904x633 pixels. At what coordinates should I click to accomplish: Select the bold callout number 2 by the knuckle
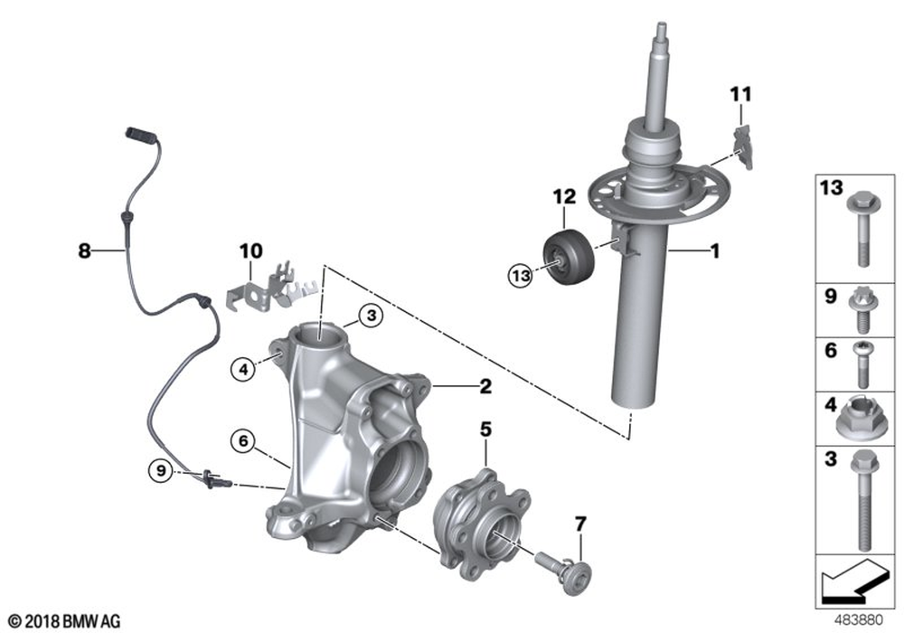485,388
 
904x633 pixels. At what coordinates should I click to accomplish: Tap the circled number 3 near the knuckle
370,316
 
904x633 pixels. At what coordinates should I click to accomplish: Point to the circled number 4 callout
241,368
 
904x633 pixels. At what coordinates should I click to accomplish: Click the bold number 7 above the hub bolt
580,524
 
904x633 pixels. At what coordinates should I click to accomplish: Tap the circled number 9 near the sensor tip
160,469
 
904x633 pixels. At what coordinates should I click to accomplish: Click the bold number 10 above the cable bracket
250,249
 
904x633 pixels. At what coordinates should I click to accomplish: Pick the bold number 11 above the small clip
740,94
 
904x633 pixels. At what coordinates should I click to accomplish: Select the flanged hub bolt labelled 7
565,570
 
